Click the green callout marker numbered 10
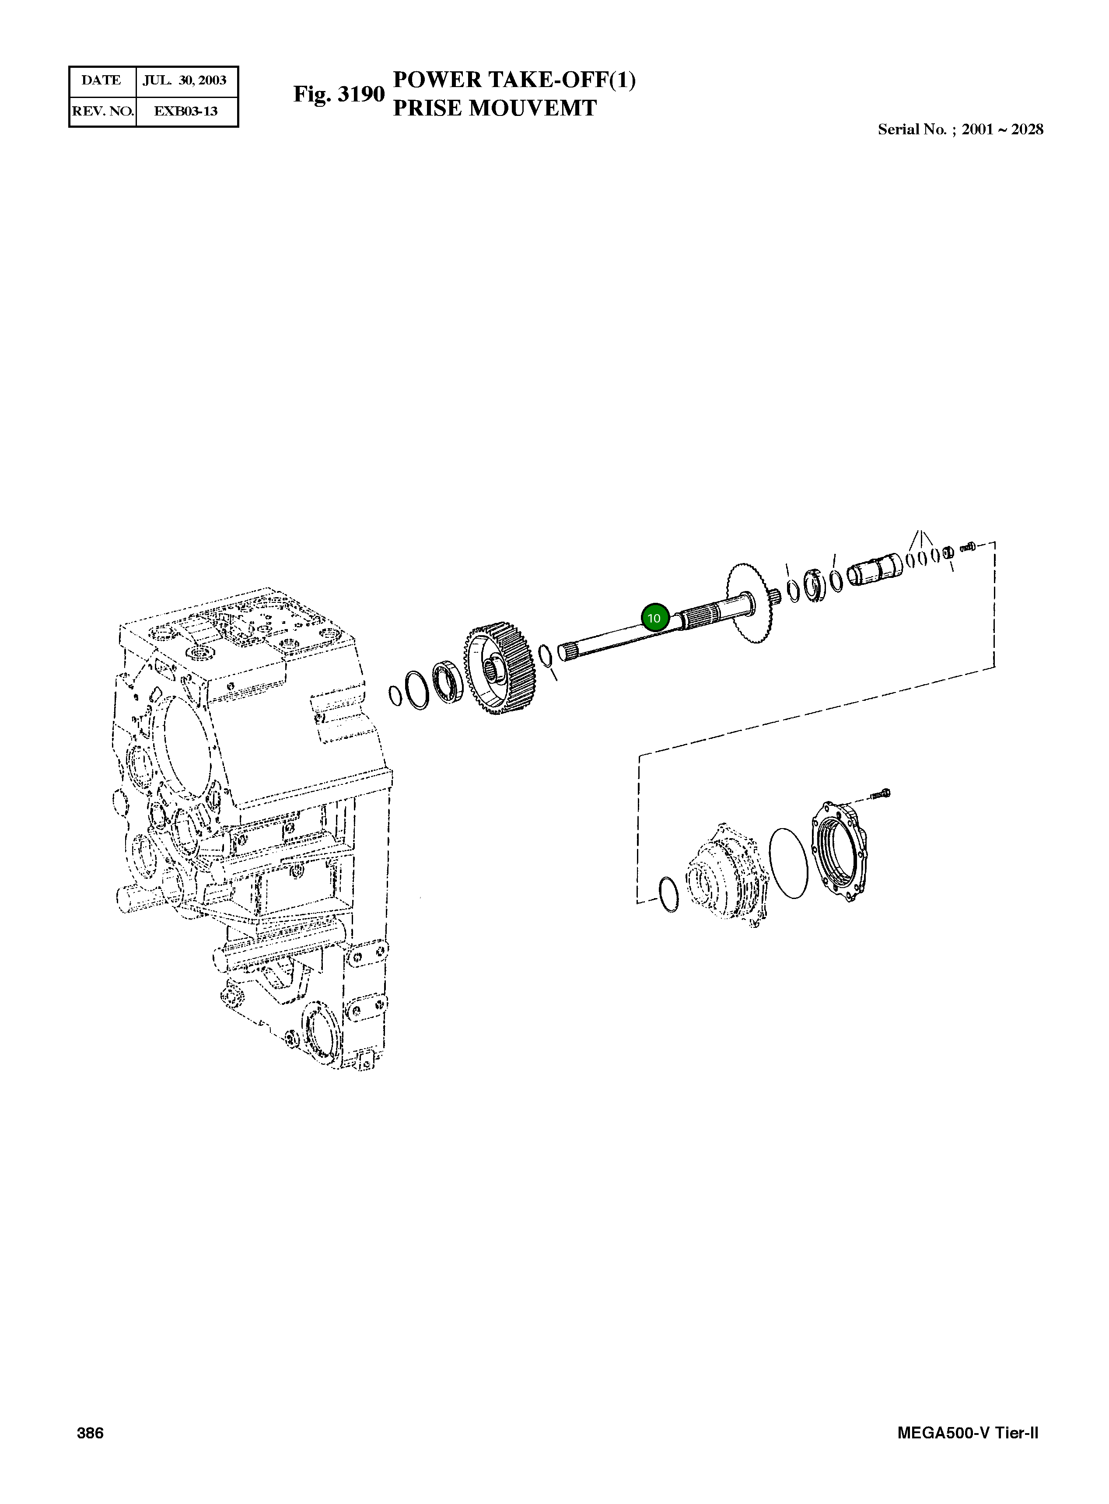[x=654, y=618]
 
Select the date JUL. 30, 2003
[x=185, y=80]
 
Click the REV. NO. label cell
[x=103, y=112]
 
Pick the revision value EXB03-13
[x=186, y=112]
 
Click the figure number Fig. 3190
[x=339, y=94]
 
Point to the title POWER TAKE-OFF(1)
[x=514, y=80]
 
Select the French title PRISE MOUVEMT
[x=495, y=108]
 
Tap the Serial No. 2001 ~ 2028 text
[x=961, y=129]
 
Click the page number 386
[x=91, y=1433]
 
